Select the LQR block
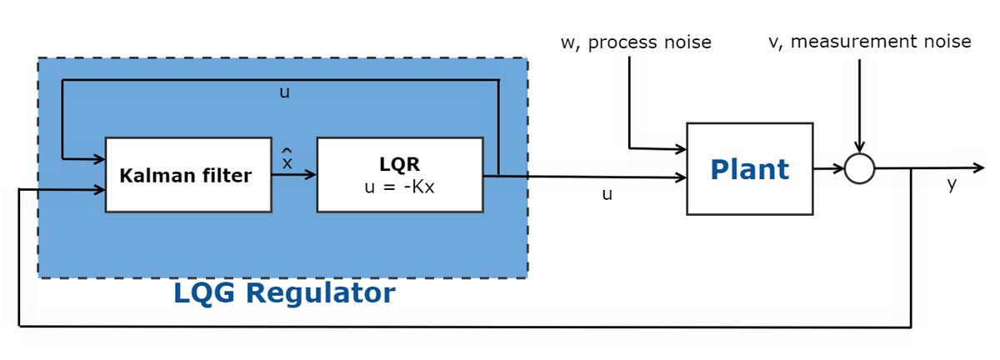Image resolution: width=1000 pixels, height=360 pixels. tap(399, 174)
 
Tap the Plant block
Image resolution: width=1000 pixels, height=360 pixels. tap(749, 168)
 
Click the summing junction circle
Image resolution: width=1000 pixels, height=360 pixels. tap(859, 169)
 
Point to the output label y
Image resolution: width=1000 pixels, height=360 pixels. tap(952, 185)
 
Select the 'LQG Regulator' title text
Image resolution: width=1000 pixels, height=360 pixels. tap(284, 293)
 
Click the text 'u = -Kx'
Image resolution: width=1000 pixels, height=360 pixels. tap(399, 186)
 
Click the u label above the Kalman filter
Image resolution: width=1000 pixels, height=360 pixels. tap(284, 92)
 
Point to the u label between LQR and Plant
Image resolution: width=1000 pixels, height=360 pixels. tap(607, 194)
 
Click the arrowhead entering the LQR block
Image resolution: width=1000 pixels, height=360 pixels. tap(312, 175)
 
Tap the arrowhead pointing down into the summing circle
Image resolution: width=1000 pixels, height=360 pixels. tap(859, 150)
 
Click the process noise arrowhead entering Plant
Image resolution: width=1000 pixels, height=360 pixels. tap(681, 149)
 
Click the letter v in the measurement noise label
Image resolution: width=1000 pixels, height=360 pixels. tap(772, 41)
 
